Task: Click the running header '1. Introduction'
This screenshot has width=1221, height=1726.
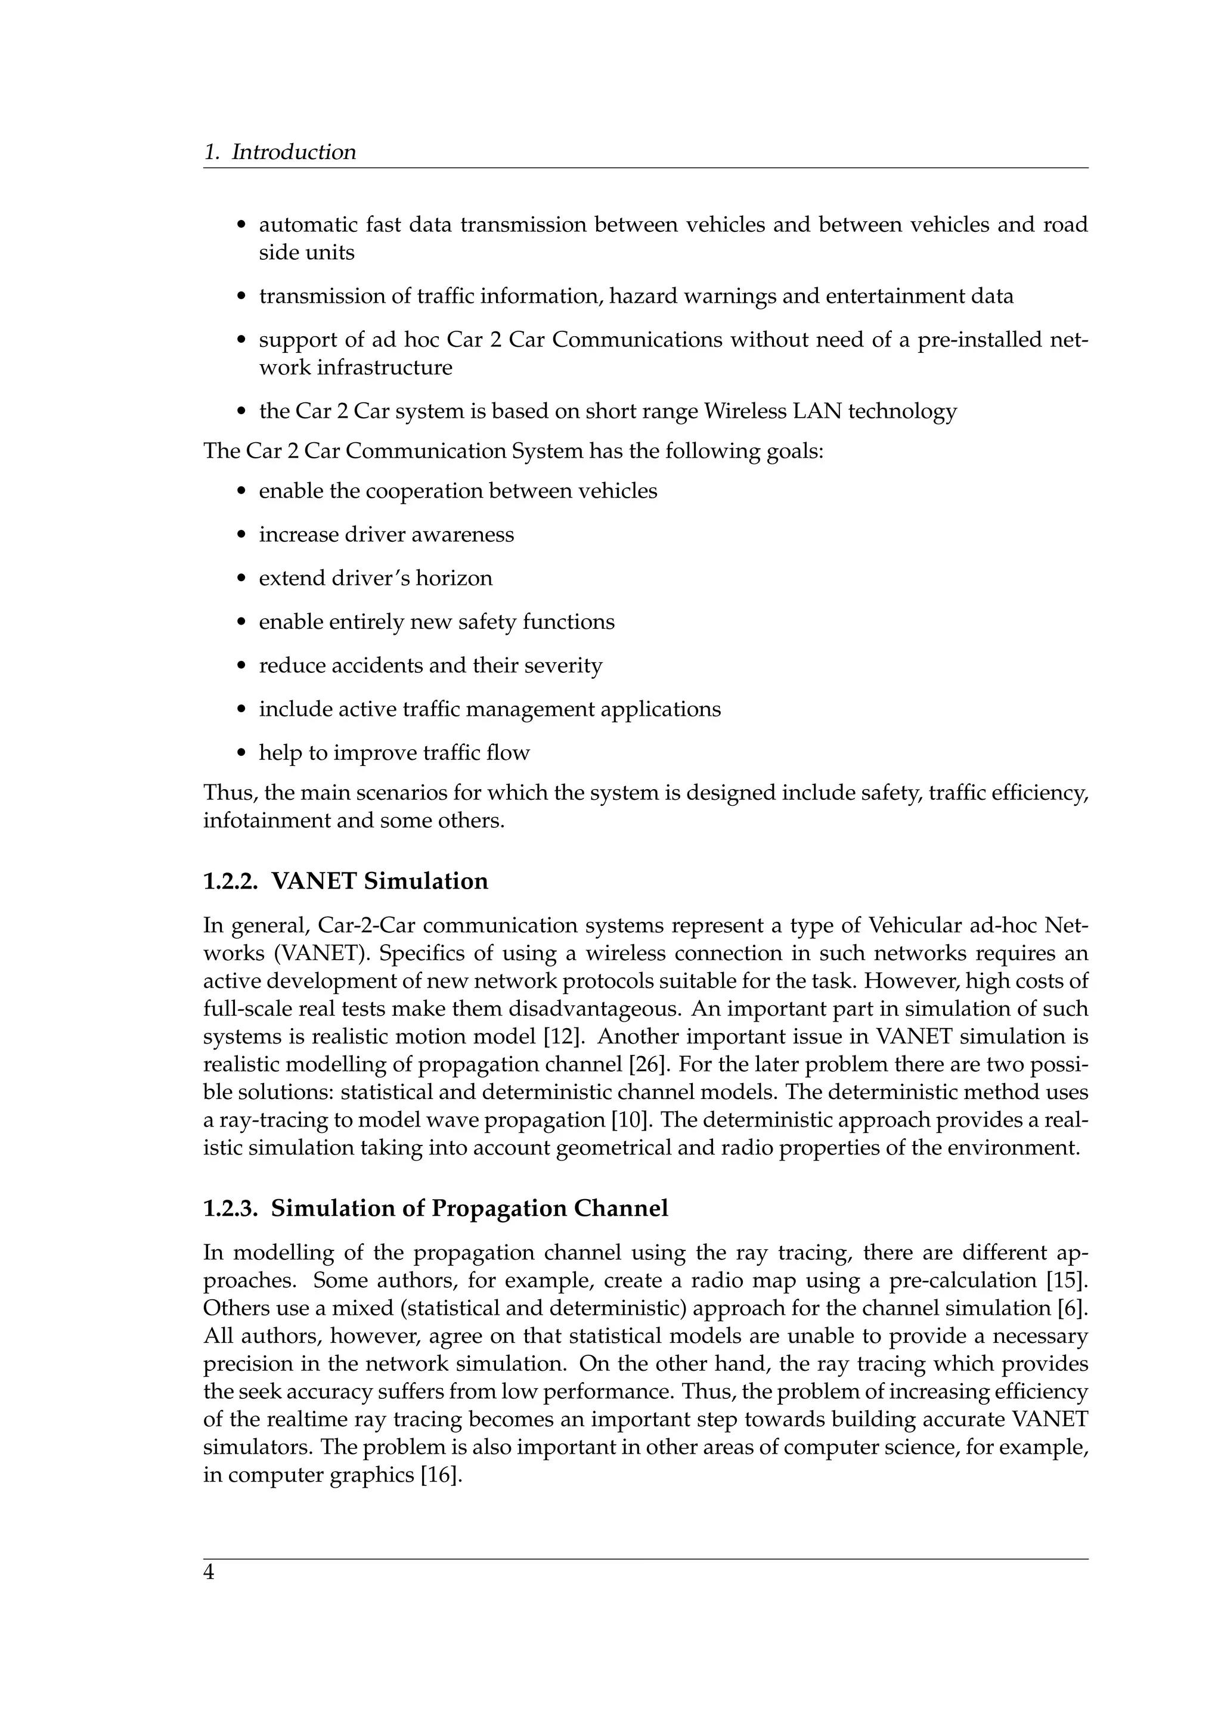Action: pyautogui.click(x=280, y=152)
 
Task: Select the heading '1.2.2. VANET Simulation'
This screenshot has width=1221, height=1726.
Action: pyautogui.click(x=345, y=880)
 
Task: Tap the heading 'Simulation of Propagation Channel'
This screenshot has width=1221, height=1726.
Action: pyautogui.click(x=469, y=1208)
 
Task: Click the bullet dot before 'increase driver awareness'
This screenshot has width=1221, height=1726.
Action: pyautogui.click(x=241, y=536)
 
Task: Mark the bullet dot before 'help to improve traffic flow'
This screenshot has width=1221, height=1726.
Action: pyautogui.click(x=241, y=754)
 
